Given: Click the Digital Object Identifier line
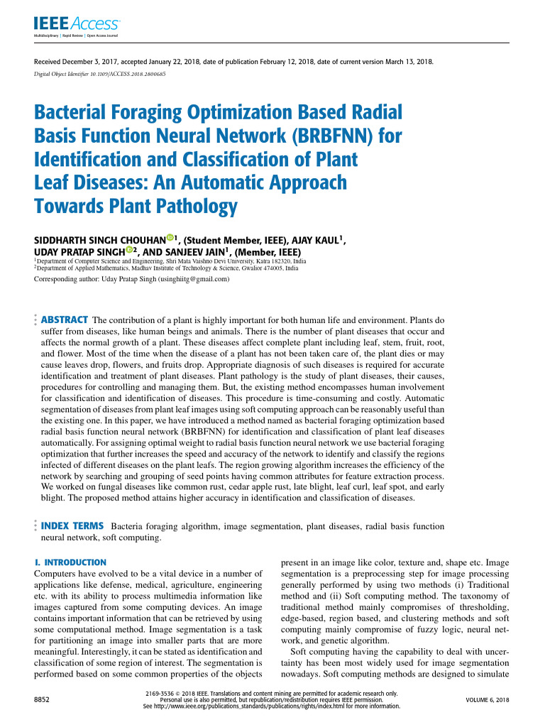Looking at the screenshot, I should click(100, 73).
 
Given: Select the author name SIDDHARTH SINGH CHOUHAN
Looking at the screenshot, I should click(99, 241).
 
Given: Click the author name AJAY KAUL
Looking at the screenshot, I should click(316, 241).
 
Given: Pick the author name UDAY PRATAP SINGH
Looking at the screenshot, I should click(79, 252).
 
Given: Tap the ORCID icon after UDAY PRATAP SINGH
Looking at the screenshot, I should click(129, 250).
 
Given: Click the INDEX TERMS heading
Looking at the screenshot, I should click(72, 526).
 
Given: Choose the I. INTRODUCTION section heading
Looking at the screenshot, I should click(70, 562).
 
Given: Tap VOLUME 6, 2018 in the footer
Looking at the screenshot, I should click(487, 700).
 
